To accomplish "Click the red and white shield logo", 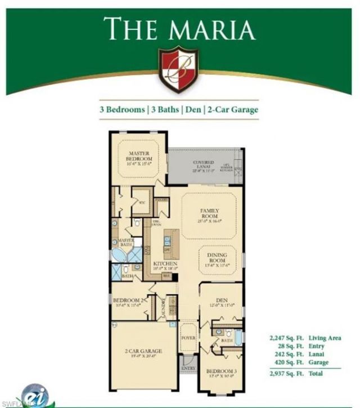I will click(x=178, y=68).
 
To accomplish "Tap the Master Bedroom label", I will click(x=138, y=156).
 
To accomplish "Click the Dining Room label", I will click(x=218, y=258).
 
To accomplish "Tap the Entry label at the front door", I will click(x=187, y=368).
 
